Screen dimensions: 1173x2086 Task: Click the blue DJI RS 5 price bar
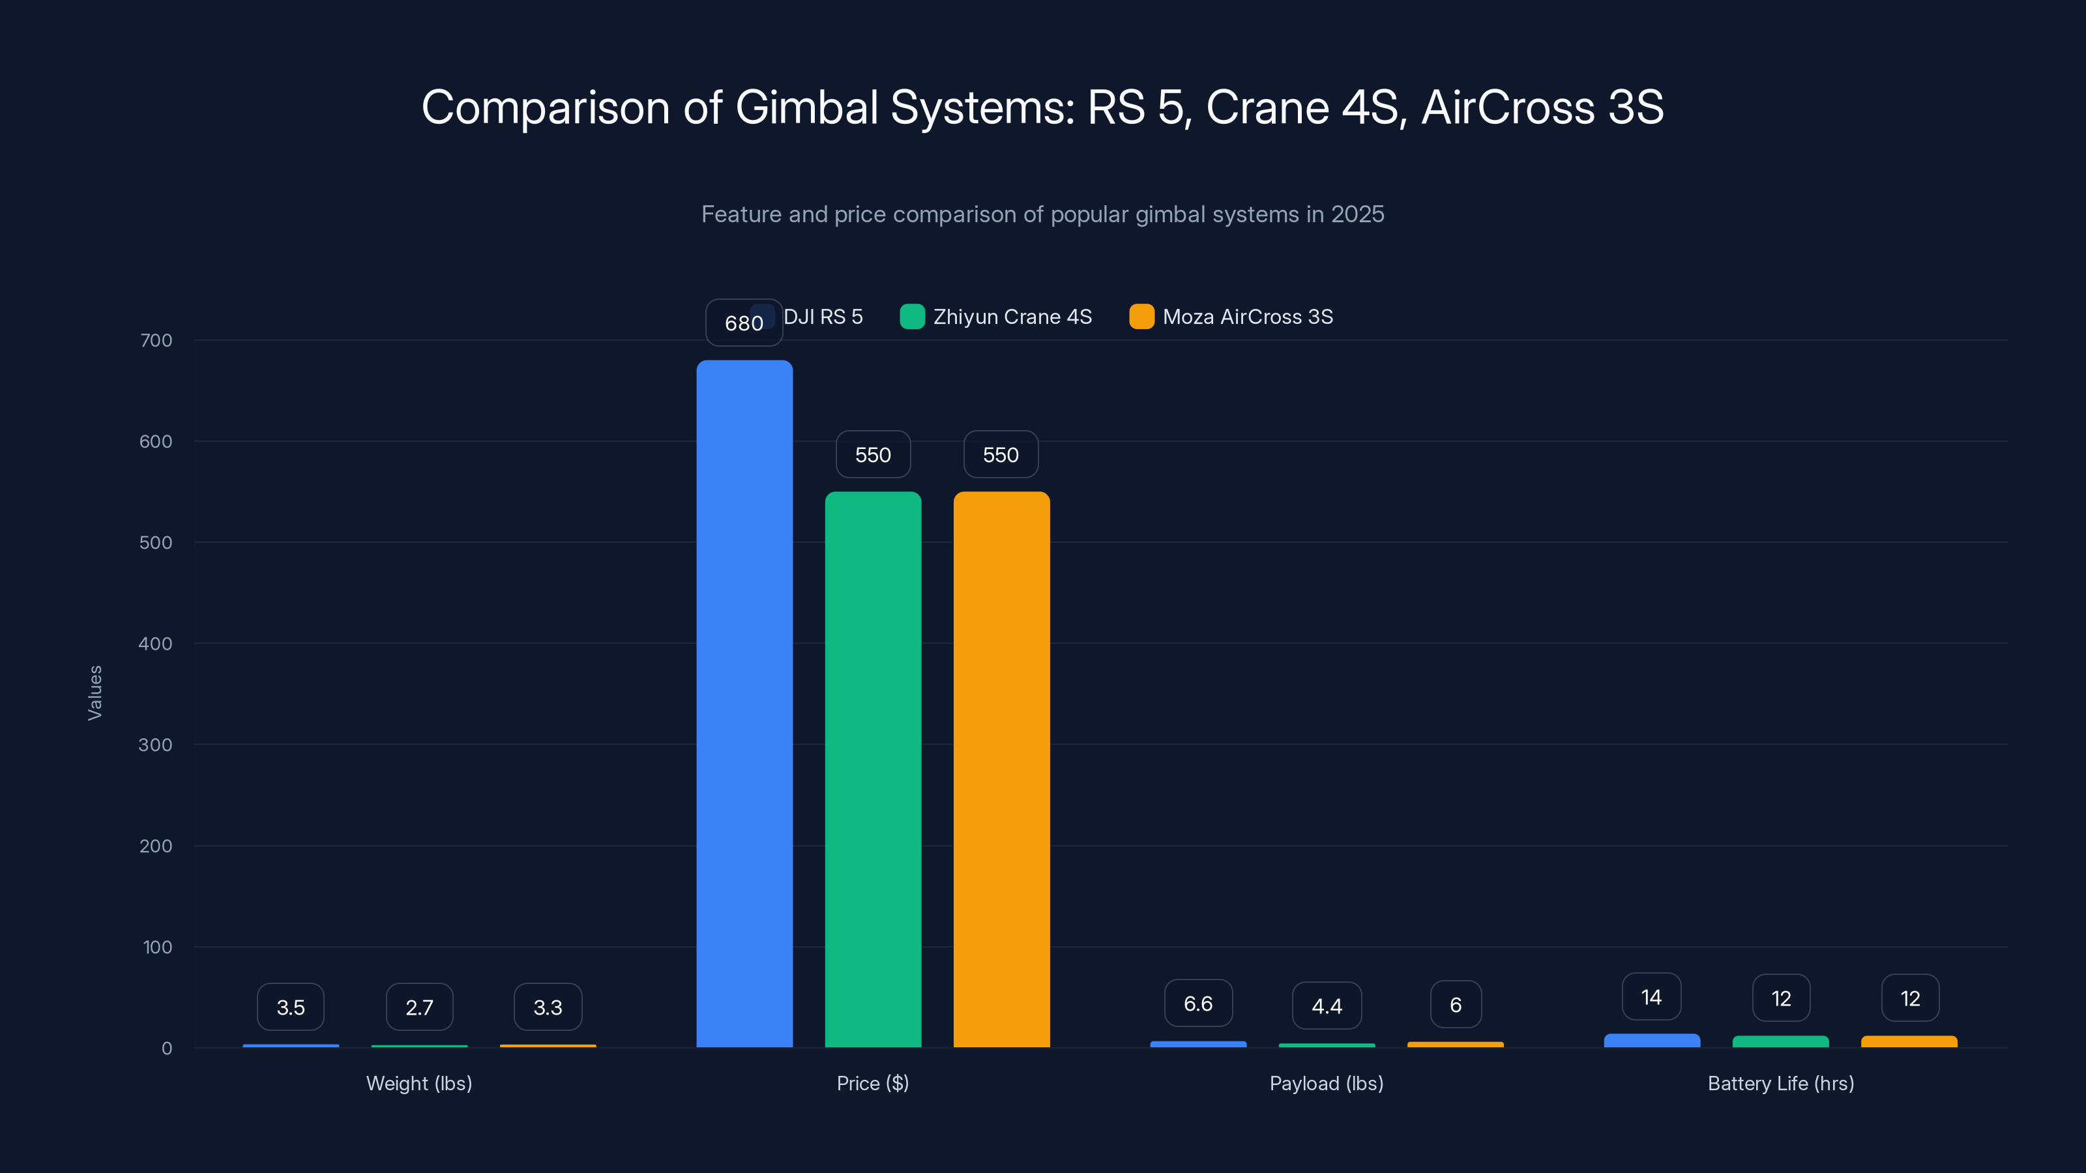744,704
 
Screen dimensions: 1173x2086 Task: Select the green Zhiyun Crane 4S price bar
873,769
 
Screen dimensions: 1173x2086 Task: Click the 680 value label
743,323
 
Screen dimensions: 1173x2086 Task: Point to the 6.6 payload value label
1197,1004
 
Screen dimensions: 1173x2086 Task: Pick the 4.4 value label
1327,1006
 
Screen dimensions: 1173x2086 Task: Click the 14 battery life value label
1651,997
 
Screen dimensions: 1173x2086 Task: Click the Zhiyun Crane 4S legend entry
996,317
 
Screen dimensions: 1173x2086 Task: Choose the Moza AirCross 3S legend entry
1231,317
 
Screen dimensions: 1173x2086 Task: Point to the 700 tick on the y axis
156,341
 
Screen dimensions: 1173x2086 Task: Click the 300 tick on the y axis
156,745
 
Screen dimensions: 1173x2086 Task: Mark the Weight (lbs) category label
419,1083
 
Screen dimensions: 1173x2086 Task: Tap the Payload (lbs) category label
1327,1083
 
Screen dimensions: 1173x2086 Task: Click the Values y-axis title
95,693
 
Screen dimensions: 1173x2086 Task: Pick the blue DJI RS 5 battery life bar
1651,1040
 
